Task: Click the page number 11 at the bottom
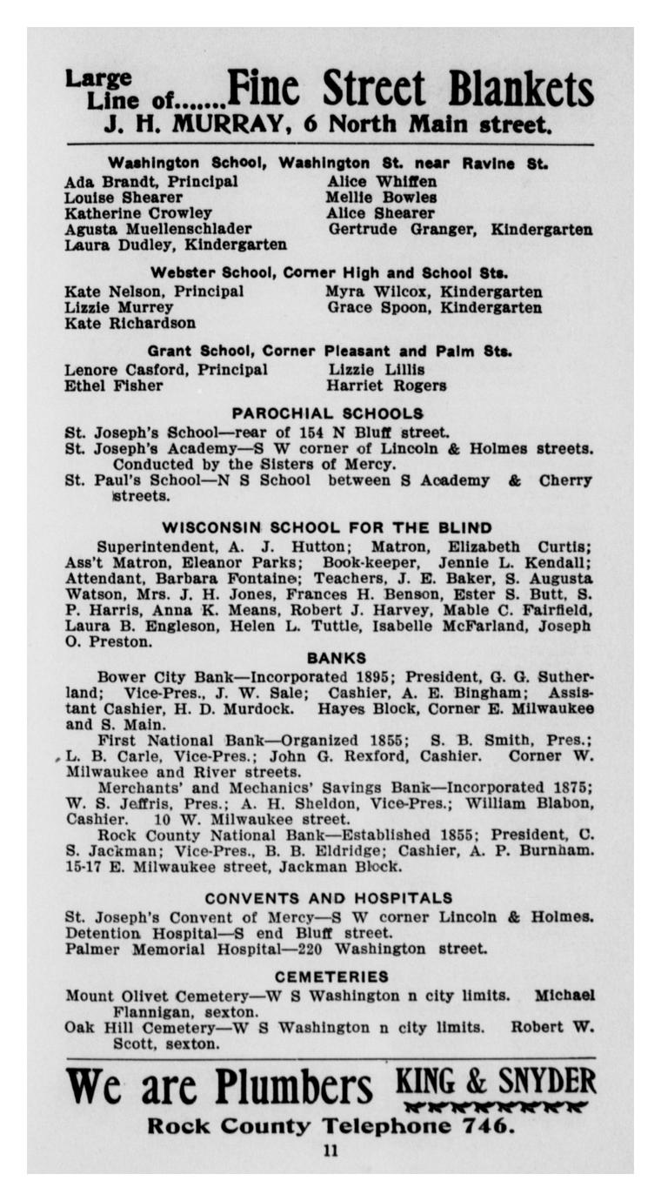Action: pos(330,1151)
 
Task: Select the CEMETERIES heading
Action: pos(330,976)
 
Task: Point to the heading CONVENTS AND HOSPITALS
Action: pos(329,897)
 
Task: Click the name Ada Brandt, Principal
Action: pos(150,182)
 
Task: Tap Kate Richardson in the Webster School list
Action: pos(130,323)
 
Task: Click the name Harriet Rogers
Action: pos(387,385)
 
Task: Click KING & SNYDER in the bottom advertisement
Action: pos(496,1080)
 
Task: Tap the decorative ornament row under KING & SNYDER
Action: pos(496,1107)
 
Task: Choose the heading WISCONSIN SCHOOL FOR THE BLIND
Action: pos(327,527)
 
